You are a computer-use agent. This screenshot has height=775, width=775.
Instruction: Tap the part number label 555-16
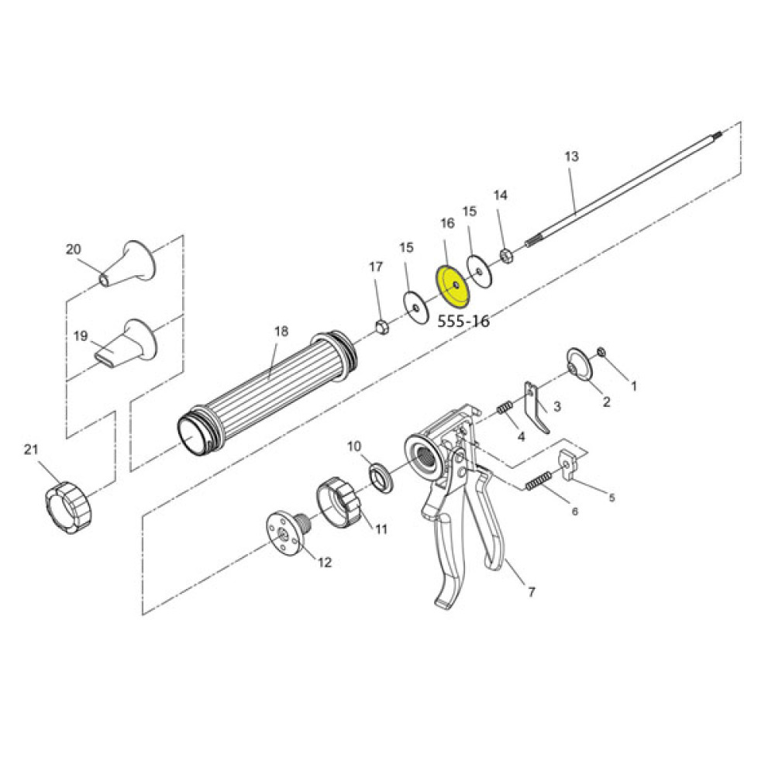[463, 320]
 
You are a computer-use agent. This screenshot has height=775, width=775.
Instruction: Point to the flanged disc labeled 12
[287, 532]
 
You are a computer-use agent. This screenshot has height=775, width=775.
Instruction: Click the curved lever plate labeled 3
[537, 406]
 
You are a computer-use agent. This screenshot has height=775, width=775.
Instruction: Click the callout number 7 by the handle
[531, 593]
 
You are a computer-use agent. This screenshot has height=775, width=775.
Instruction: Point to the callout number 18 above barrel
[281, 331]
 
